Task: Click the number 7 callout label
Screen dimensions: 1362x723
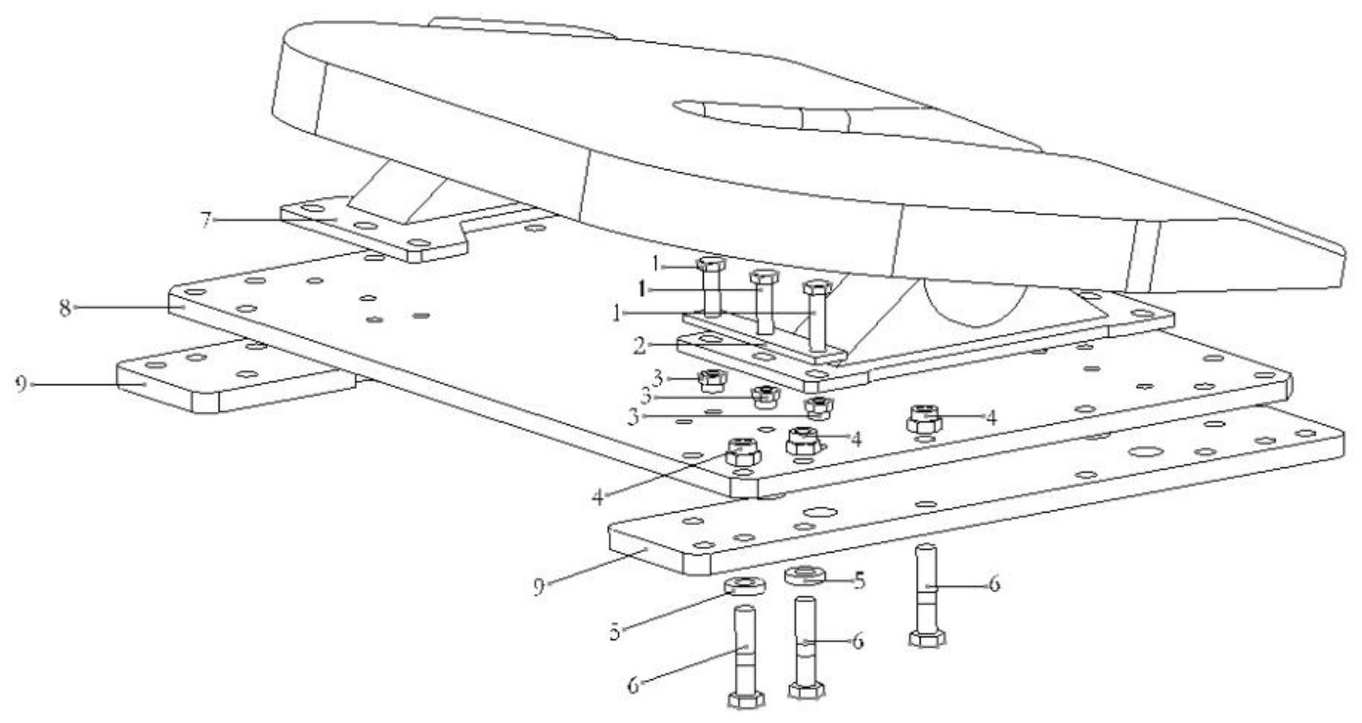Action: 206,221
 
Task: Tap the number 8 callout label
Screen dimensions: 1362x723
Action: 65,308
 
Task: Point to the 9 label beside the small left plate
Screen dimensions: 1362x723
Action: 21,384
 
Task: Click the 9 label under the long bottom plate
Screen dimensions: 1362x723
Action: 538,587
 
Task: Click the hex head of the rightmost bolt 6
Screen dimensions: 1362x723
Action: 927,639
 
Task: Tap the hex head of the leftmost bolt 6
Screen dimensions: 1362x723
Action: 746,700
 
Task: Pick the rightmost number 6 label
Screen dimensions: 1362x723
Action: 994,584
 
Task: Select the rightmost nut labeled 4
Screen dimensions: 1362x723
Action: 924,419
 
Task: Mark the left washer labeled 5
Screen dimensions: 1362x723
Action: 745,586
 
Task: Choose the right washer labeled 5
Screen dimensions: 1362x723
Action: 805,575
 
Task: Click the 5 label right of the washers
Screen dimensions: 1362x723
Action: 859,581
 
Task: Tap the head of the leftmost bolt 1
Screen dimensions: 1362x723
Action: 710,264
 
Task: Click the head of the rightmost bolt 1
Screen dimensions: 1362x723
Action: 817,286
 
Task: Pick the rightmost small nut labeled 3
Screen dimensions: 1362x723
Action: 818,407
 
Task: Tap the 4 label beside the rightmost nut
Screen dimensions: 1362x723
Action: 992,418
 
